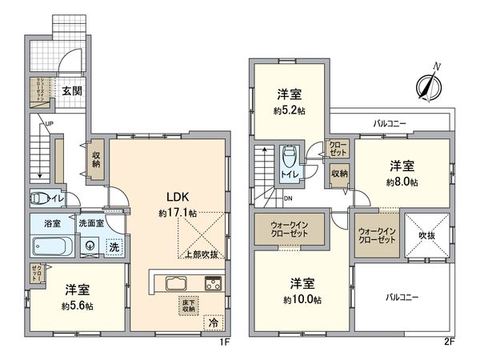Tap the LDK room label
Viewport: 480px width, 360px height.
(177, 197)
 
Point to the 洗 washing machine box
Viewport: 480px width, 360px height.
(114, 247)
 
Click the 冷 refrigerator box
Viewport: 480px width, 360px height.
(214, 322)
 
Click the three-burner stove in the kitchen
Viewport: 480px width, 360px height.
(214, 282)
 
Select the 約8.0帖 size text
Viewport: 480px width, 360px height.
(402, 182)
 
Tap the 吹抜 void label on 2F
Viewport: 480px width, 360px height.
(426, 236)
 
